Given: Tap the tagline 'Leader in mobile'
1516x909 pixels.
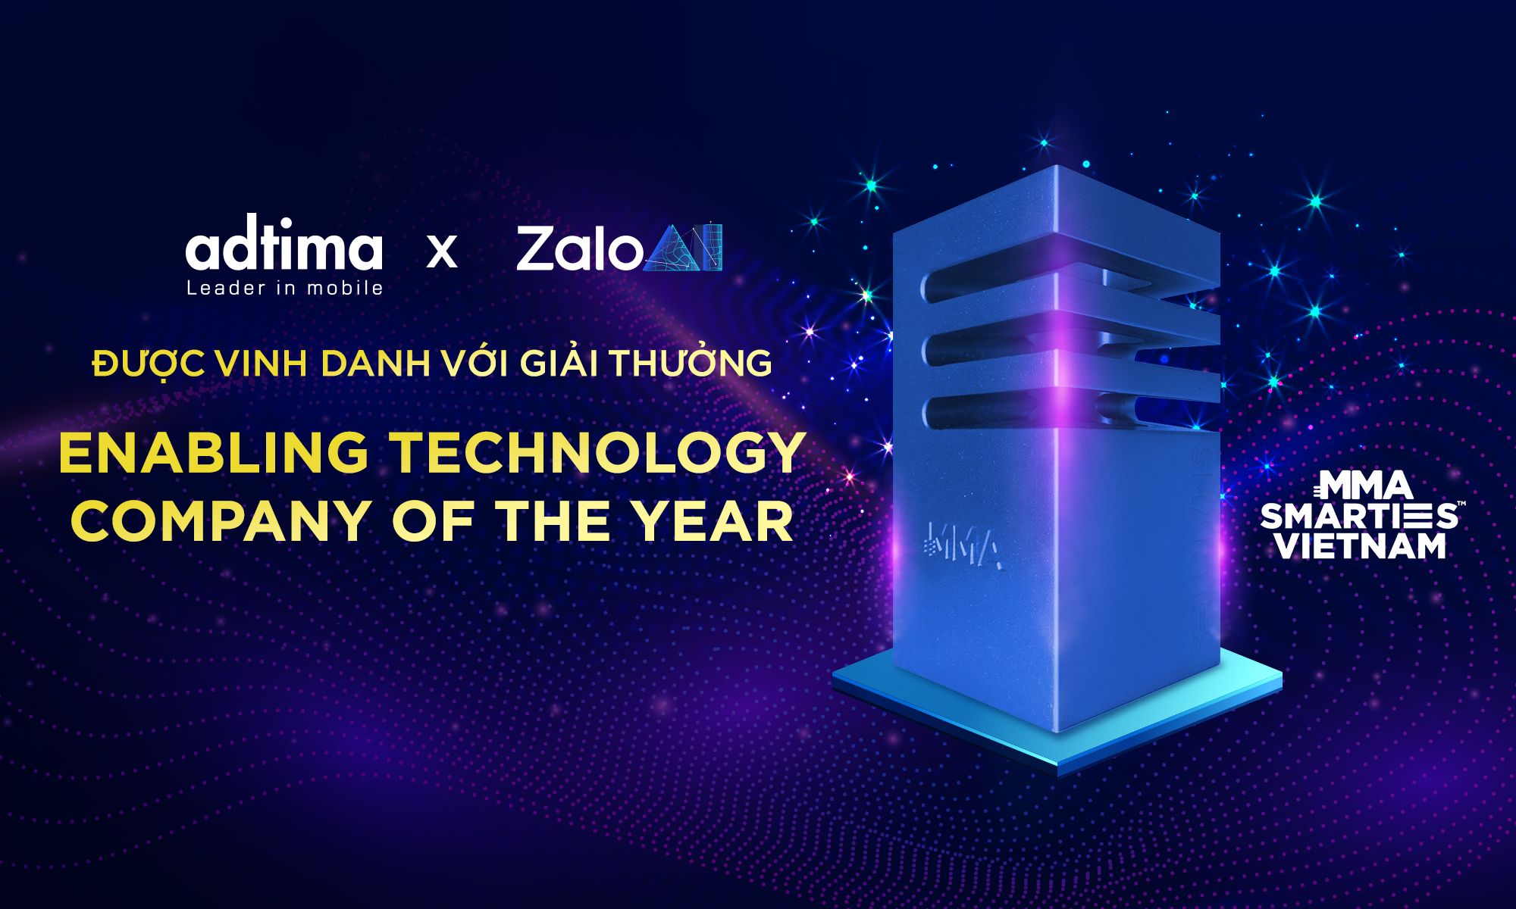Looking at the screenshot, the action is click(285, 288).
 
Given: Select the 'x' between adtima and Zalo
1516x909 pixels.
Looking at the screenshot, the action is click(442, 251).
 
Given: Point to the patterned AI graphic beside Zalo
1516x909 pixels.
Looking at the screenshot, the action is click(683, 248).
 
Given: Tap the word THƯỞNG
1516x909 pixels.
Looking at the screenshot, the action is click(691, 361).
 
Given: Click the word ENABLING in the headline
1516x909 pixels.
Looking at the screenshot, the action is click(214, 453).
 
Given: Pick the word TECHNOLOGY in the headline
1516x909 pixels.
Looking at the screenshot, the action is click(598, 453).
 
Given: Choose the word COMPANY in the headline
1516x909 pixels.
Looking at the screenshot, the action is click(221, 521).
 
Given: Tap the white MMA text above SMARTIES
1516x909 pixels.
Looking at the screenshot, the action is click(1363, 485).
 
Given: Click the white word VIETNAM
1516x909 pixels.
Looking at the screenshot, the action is click(1361, 546).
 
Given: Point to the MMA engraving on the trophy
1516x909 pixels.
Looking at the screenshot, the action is click(964, 545).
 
